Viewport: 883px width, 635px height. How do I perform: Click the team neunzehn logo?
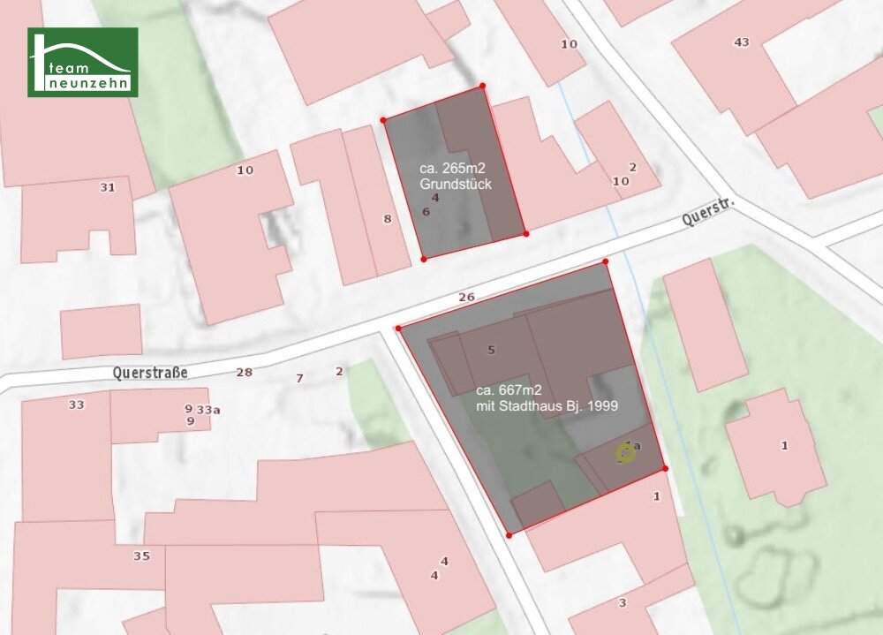pos(82,62)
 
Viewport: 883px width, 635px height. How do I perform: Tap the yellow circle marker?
pos(625,454)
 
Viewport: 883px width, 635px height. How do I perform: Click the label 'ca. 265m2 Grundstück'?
pos(455,176)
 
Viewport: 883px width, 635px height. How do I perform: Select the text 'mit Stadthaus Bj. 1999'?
pos(547,406)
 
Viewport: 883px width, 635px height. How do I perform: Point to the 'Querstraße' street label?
pos(150,373)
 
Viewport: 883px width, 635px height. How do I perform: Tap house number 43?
pos(741,42)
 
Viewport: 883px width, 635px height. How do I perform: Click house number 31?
pos(107,187)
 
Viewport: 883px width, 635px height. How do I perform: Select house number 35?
pos(141,556)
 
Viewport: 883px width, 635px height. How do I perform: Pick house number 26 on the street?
pos(466,298)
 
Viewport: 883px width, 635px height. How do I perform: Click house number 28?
pos(244,372)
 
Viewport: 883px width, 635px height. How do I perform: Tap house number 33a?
pos(208,410)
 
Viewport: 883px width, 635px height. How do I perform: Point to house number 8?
pos(387,218)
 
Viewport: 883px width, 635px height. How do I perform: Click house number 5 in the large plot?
pos(491,351)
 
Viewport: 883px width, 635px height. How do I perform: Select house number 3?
pos(623,603)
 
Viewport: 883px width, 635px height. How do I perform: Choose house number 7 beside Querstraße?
pos(299,378)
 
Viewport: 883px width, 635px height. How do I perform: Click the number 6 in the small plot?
pos(426,212)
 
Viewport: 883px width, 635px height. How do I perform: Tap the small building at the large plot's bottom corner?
pos(538,503)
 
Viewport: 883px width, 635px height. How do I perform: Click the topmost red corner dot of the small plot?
pos(482,86)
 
